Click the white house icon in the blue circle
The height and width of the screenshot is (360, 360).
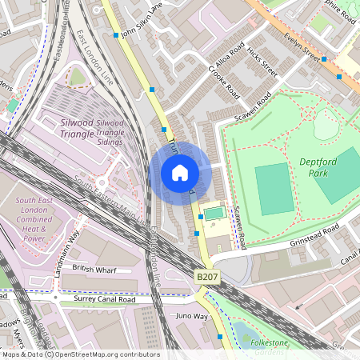(x=180, y=173)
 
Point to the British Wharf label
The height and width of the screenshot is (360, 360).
(x=94, y=270)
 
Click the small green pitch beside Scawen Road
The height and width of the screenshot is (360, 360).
(x=212, y=214)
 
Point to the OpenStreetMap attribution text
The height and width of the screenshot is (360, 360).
(x=80, y=354)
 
